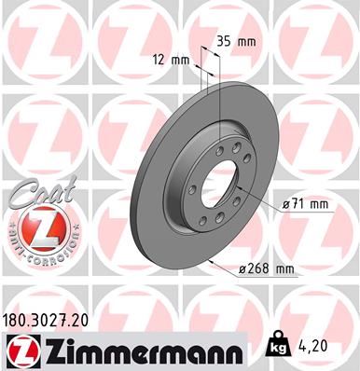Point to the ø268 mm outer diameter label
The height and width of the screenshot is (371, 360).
266,269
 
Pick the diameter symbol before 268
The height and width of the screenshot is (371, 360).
242,269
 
